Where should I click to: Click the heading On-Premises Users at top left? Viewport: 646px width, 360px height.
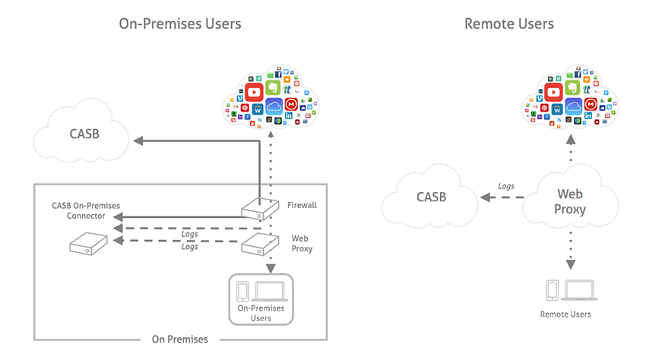pos(180,24)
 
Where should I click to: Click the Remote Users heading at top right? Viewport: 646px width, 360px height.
pos(508,24)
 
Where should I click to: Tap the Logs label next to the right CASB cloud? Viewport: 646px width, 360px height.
pos(505,185)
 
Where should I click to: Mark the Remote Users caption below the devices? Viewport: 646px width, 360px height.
pos(565,314)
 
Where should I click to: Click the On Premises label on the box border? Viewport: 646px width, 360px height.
pos(180,339)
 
